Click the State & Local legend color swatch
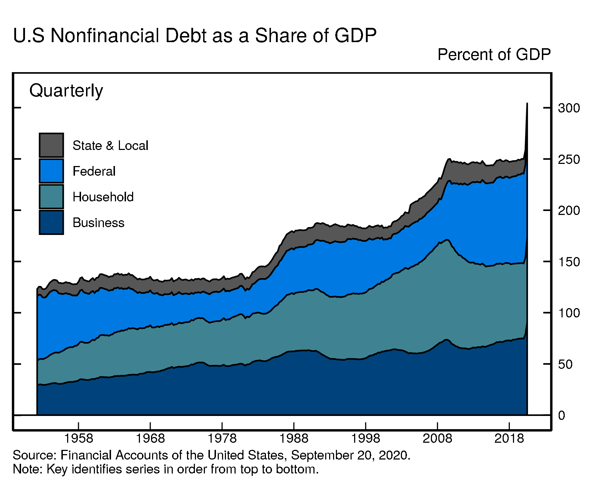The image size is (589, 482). (x=51, y=145)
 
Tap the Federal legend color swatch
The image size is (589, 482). (x=51, y=171)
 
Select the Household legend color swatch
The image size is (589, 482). (x=51, y=197)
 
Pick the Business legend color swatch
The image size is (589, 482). (x=51, y=222)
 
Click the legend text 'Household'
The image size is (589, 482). (x=103, y=197)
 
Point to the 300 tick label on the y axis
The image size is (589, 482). (x=569, y=108)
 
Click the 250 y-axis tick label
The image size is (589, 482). (x=569, y=160)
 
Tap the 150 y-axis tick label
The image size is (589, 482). (x=569, y=262)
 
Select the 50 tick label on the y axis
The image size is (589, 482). (x=565, y=365)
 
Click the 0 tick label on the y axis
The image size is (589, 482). (x=562, y=416)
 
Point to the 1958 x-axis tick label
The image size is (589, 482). (x=78, y=438)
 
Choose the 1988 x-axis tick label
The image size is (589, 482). (x=293, y=438)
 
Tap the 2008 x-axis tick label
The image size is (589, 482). (x=437, y=438)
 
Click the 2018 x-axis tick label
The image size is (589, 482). (x=509, y=438)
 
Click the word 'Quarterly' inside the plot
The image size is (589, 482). (x=66, y=91)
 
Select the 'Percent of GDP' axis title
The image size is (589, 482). (x=494, y=55)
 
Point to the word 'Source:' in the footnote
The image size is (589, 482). (x=34, y=455)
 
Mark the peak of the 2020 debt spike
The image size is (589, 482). (x=527, y=104)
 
